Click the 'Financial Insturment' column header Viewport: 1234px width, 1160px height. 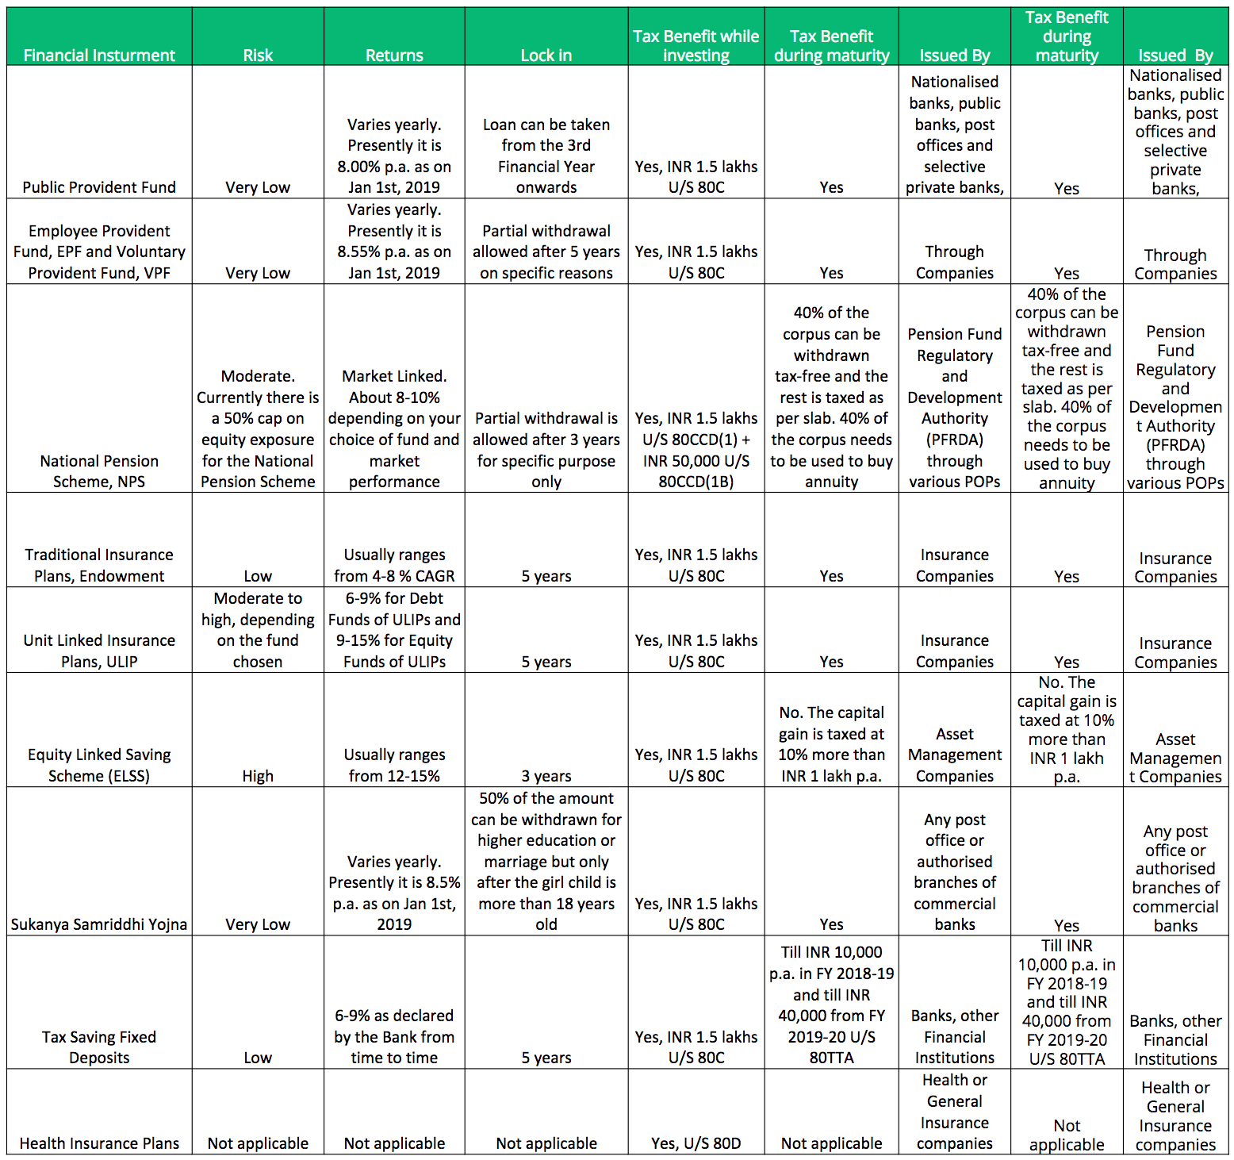(99, 55)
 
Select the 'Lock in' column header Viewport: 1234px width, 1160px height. (546, 55)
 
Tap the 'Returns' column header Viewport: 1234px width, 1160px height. (394, 55)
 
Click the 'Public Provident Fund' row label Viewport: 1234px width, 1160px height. (99, 187)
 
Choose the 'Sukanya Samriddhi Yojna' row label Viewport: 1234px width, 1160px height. (99, 924)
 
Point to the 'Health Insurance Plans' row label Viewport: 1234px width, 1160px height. (99, 1143)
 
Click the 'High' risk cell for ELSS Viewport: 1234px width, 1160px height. (258, 776)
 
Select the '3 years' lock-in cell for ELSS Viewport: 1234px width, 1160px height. (546, 776)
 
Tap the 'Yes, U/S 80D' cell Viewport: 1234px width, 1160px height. (696, 1143)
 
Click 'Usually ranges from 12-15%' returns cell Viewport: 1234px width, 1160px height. (394, 765)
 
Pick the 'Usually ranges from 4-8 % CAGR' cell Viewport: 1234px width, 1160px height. (394, 565)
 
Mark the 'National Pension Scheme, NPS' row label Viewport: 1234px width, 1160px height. (99, 471)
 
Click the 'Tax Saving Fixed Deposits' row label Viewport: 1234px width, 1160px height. (99, 1047)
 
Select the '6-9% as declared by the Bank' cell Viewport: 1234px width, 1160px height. (394, 1036)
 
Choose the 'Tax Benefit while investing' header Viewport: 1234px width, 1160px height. (696, 45)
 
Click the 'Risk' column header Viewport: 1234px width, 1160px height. (258, 55)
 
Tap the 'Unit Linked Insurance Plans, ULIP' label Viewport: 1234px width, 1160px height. (99, 651)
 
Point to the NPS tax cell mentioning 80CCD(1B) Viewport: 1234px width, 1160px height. (696, 450)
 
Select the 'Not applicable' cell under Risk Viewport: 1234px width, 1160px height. (258, 1143)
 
